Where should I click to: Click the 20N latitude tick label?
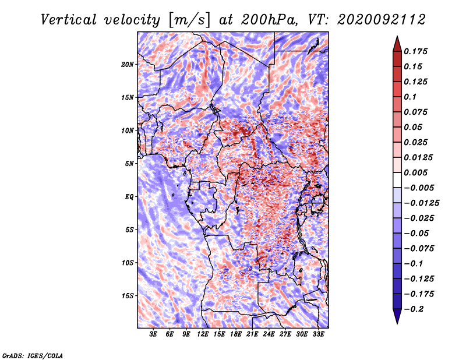coord(128,65)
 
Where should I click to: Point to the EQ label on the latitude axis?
coord(129,197)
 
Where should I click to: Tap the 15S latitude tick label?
coord(128,296)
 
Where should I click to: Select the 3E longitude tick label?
coord(153,334)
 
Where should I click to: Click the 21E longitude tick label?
coord(252,334)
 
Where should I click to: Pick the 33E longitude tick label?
coord(318,334)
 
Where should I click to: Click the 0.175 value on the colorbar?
coord(415,51)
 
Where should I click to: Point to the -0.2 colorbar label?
coord(414,309)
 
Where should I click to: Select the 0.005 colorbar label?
coord(415,172)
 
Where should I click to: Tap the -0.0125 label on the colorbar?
coord(421,203)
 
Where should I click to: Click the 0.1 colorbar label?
coord(410,97)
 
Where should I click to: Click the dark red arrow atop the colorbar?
coord(397,44)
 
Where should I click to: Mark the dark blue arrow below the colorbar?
coord(397,316)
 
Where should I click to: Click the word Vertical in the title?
coord(69,20)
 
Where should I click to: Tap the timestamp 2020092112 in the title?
coord(382,20)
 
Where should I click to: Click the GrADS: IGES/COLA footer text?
coord(33,356)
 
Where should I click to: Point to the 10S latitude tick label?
coord(128,263)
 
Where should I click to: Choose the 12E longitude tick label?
coord(203,334)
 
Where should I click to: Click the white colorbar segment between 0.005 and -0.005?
coord(397,180)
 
